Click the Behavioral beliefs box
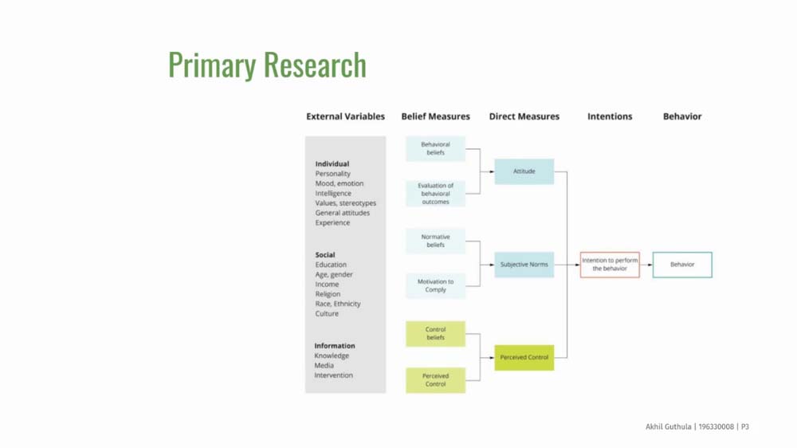(x=436, y=148)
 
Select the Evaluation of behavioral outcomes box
(x=436, y=193)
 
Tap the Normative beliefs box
(x=436, y=241)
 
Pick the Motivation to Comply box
(x=436, y=286)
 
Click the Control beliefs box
(x=436, y=333)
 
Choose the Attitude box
(x=524, y=171)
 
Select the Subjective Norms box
(x=524, y=265)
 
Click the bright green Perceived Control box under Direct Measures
(x=524, y=357)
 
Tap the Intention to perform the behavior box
(x=610, y=265)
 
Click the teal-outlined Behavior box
(x=682, y=265)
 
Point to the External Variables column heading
(x=346, y=116)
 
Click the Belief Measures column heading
(x=436, y=116)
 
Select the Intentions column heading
(x=610, y=116)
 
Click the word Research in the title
(x=315, y=65)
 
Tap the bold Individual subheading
(x=332, y=163)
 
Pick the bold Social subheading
(x=325, y=255)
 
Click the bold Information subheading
(x=335, y=346)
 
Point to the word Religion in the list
(x=328, y=294)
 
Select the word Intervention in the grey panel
(x=333, y=375)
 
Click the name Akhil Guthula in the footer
(x=669, y=426)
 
